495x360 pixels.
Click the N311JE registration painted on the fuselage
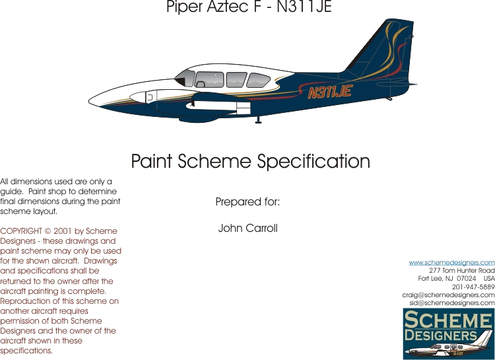coord(329,92)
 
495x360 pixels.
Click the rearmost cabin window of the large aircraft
coord(259,80)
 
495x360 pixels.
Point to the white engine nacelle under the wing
coord(198,102)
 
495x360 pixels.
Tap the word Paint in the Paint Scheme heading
coord(153,162)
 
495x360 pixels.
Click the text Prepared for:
coord(247,202)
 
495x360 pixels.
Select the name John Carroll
coord(247,229)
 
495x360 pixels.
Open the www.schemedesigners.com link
coord(451,262)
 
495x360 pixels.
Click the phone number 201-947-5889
coord(473,287)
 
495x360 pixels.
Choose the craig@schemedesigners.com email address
coord(448,295)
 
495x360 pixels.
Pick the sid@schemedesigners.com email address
coord(452,303)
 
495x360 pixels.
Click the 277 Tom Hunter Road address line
coord(461,270)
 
